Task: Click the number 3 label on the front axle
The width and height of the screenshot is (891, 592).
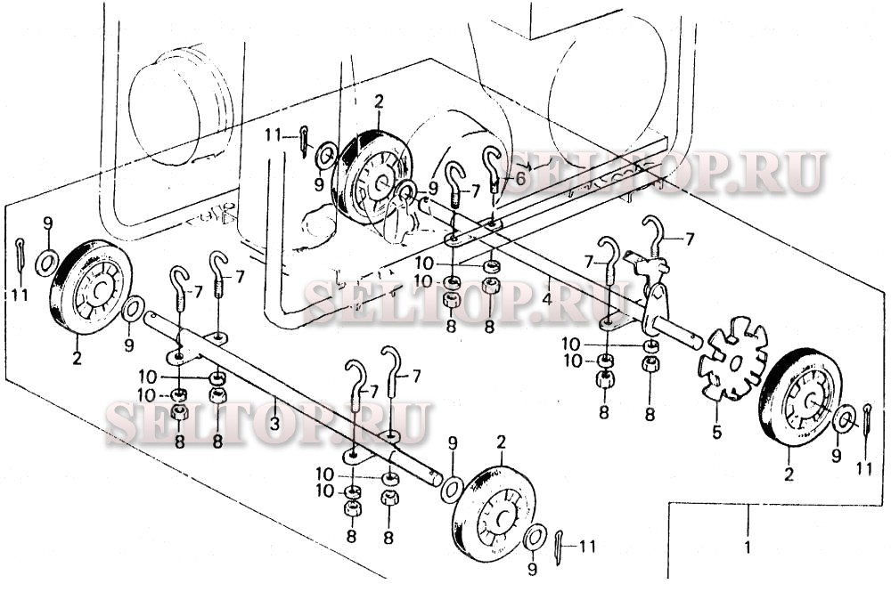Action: point(274,422)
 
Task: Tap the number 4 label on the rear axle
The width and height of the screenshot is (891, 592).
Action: point(547,297)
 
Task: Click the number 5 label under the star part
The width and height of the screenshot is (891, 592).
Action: point(717,432)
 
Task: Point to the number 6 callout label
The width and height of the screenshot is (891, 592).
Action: point(521,179)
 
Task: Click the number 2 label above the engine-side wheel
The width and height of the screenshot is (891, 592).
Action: point(379,102)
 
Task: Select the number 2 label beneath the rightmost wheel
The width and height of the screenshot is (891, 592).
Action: point(789,474)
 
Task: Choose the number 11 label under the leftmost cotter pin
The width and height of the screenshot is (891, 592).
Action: point(20,296)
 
